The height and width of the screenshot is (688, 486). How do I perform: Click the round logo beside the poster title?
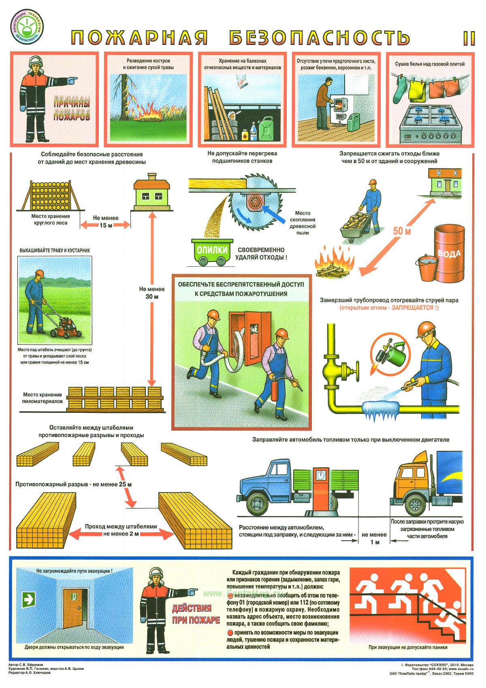[27, 28]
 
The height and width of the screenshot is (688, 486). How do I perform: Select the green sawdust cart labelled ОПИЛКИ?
[212, 252]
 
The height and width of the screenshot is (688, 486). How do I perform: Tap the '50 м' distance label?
[402, 231]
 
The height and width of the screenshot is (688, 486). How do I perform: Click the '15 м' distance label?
[105, 225]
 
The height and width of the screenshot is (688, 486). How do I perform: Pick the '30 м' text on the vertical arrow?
[152, 296]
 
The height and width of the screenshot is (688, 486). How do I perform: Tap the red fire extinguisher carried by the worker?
[275, 390]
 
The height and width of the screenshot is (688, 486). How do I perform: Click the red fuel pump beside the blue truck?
[322, 491]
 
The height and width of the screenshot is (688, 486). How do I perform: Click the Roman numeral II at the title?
[469, 38]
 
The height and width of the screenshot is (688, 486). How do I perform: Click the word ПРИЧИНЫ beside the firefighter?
[72, 103]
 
